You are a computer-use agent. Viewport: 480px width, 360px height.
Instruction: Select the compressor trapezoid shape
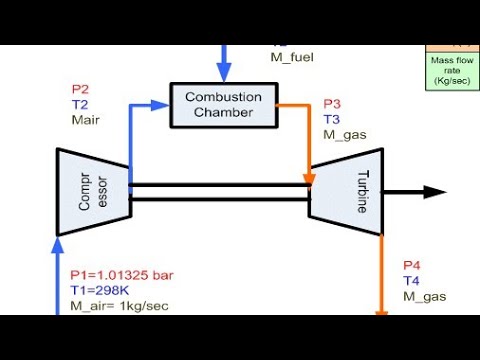pos(91,192)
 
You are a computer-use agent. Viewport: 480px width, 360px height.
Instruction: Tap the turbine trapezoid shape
pos(346,192)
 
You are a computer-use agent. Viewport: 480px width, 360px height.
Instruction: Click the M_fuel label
pos(292,57)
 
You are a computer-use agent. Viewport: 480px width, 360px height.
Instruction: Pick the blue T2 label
pos(80,103)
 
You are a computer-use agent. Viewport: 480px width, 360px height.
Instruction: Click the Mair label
pos(86,119)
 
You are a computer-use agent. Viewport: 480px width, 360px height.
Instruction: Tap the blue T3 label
pos(332,120)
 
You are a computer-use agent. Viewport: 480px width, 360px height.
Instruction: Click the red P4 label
pos(412,265)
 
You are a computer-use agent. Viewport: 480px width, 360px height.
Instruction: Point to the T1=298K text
pos(99,288)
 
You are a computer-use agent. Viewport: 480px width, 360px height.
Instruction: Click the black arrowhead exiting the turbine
pos(436,192)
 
